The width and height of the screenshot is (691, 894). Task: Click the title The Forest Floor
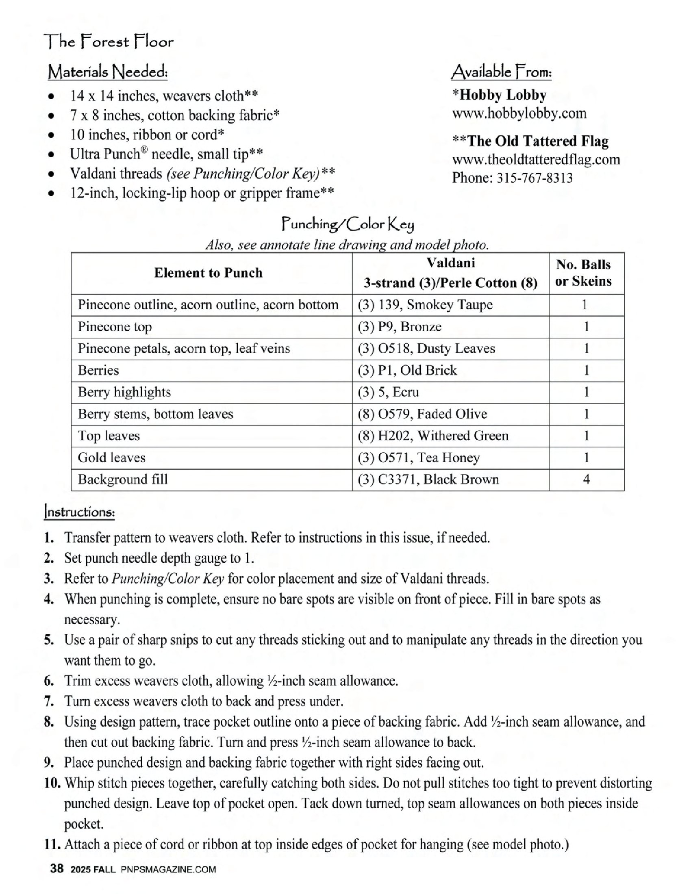[109, 41]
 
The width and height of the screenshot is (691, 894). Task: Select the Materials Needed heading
[107, 72]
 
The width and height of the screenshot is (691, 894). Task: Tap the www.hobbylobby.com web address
[519, 113]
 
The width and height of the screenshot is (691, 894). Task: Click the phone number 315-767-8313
[535, 178]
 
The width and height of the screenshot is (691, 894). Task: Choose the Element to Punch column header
[208, 273]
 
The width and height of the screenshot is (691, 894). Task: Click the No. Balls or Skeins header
[583, 273]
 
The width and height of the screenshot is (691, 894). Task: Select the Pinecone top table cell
[115, 327]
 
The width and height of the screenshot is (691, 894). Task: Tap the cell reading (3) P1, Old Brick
[407, 371]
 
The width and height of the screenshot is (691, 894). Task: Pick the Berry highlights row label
[124, 392]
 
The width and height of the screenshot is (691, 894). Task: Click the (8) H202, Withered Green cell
[433, 436]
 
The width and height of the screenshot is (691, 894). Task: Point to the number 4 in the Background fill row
[586, 480]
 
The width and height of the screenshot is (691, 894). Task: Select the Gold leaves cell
[111, 458]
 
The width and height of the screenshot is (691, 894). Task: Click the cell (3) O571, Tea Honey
[419, 458]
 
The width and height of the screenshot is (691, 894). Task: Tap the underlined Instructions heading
[79, 512]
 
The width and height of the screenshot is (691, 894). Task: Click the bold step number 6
[49, 681]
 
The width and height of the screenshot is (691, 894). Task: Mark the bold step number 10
[52, 783]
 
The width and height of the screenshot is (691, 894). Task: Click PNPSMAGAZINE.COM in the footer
[168, 870]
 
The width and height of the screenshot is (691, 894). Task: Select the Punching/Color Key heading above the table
[348, 224]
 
